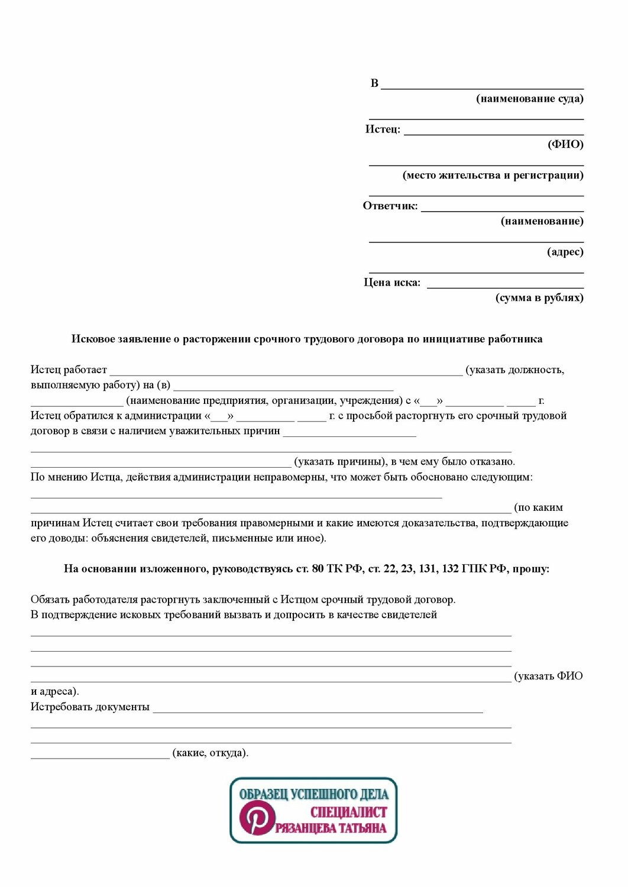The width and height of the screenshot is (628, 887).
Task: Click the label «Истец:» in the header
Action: (383, 130)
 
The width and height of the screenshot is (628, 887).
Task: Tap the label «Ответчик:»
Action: (390, 206)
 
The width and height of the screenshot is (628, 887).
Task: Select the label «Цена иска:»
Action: (392, 283)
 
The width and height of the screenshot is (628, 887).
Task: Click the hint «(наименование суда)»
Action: (529, 99)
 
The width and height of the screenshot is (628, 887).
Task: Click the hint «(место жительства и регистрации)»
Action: (493, 175)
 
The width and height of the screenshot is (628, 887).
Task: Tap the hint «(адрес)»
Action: (565, 252)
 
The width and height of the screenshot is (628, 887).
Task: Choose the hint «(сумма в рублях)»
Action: (539, 298)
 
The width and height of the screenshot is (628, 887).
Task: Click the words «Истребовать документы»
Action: (90, 707)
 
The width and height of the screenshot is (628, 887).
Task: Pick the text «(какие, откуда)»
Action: (210, 753)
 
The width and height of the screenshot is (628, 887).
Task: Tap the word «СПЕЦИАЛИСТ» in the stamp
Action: (348, 812)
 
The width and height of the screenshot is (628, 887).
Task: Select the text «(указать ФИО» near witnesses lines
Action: (548, 676)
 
